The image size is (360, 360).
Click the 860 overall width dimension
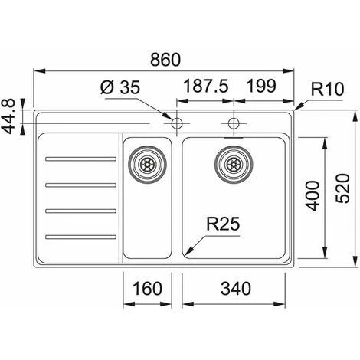[165, 60]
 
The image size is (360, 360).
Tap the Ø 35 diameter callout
[120, 87]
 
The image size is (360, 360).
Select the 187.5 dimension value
[205, 86]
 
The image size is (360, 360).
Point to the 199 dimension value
[262, 86]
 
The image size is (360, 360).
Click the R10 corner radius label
[328, 89]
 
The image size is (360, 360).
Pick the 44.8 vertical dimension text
[9, 116]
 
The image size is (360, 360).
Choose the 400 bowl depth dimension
[313, 196]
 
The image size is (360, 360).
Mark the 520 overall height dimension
[342, 188]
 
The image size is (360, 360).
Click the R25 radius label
[223, 224]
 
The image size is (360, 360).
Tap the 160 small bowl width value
[147, 289]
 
